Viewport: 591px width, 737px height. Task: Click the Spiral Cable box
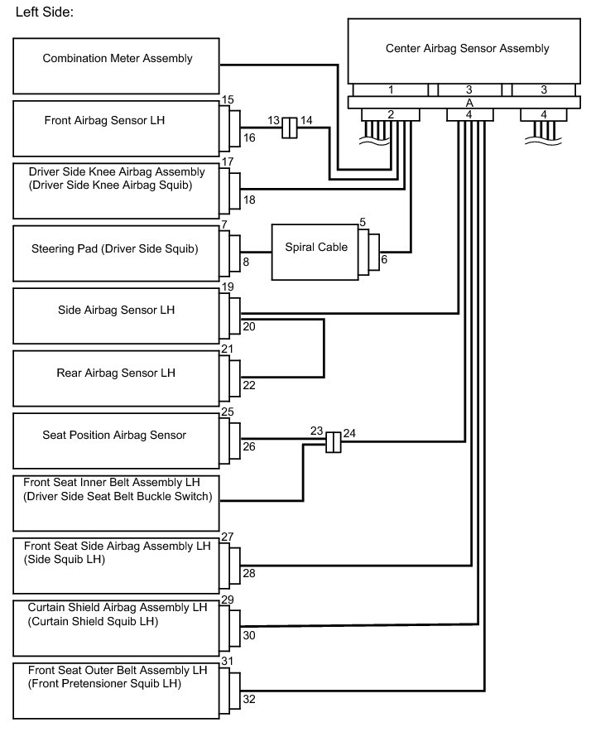(x=315, y=253)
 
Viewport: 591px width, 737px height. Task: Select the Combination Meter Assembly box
(x=116, y=66)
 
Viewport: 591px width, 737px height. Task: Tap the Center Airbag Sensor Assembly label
(x=467, y=48)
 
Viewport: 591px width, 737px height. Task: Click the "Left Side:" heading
(x=45, y=12)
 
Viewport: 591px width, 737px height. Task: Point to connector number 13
(x=273, y=121)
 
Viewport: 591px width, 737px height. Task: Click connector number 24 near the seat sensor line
(x=349, y=433)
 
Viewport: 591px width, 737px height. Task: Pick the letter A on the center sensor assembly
(x=468, y=103)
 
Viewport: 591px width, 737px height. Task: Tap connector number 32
(x=249, y=699)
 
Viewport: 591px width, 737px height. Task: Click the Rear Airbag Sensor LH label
(x=116, y=373)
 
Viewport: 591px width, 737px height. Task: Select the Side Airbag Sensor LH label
(x=116, y=310)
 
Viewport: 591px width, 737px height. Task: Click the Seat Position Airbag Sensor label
(x=114, y=435)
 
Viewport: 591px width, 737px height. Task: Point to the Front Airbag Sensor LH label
(x=104, y=120)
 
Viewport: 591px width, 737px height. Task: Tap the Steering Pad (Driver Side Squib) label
(x=114, y=248)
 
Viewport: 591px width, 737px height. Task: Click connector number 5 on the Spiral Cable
(x=363, y=222)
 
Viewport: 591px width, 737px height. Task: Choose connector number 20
(x=249, y=326)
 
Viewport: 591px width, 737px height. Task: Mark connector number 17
(x=228, y=161)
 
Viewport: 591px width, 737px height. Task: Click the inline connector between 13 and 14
(x=290, y=128)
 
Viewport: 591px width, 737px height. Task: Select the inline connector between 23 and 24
(x=334, y=442)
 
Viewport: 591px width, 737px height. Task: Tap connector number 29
(x=228, y=600)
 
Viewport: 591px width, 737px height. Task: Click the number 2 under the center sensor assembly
(x=391, y=114)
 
